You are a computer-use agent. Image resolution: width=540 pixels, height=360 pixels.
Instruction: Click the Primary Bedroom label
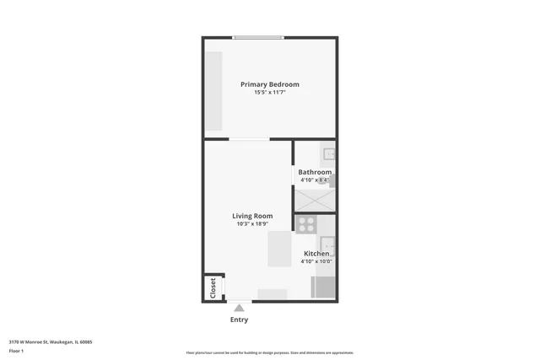pos(269,84)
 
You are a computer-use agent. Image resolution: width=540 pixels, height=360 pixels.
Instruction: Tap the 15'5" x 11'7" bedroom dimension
pos(269,93)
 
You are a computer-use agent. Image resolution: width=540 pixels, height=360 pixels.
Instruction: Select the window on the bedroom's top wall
pos(258,37)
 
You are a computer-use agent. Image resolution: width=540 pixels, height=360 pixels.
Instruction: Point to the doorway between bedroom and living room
pos(250,139)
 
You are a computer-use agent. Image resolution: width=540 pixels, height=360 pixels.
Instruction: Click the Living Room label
pos(252,216)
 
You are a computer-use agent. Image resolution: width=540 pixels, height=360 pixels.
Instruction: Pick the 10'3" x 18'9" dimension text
pos(252,224)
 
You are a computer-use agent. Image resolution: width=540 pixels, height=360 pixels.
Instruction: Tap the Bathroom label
pos(314,172)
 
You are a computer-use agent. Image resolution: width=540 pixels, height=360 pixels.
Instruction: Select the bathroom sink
pos(330,153)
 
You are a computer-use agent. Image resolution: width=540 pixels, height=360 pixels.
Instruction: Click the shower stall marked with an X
pos(314,201)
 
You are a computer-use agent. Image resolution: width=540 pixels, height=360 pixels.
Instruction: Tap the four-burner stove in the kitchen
pos(306,224)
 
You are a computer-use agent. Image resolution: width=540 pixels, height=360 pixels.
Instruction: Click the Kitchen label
pos(316,254)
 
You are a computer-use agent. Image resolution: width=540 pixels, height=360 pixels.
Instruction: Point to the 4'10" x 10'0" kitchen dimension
pos(316,262)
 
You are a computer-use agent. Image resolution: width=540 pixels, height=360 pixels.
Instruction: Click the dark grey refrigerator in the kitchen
pos(323,287)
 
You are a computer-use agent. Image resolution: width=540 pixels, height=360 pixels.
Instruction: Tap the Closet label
pos(213,287)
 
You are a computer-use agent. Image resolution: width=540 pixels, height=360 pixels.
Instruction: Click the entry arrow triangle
pos(240,309)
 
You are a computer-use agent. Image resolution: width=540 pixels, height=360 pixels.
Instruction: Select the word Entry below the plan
pos(240,320)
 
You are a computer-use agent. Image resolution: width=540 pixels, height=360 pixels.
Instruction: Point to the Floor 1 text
pos(16,350)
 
